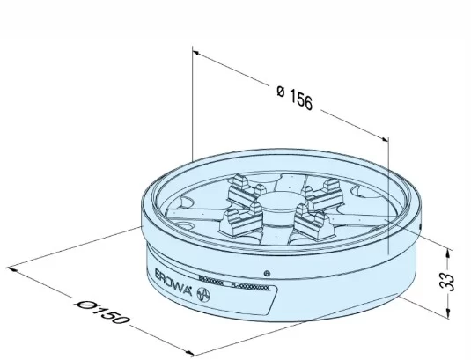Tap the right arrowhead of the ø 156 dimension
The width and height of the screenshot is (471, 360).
point(385,136)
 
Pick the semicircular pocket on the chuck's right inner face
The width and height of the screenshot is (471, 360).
point(364,194)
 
